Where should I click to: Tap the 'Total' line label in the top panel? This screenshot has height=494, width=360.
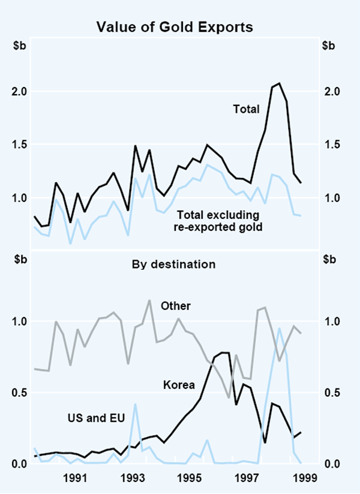pos(246,109)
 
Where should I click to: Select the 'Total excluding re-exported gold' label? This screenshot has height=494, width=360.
pos(221,220)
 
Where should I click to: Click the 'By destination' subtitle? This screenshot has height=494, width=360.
pos(179,263)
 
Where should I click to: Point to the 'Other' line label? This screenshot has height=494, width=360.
pos(175,306)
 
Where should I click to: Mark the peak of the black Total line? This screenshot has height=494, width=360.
pos(279,83)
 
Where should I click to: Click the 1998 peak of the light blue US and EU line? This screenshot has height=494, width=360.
pos(279,329)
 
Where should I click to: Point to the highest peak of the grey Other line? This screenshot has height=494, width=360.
pos(149,300)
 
